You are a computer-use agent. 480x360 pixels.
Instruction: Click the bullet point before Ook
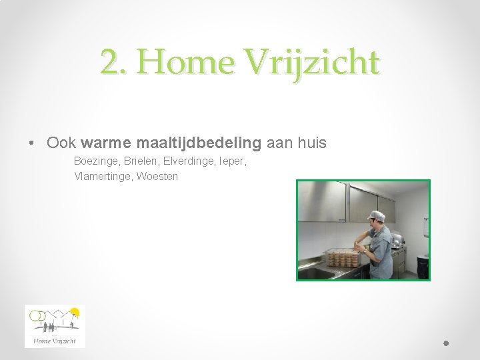click(31, 143)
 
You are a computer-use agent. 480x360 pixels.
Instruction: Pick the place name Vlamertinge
click(102, 177)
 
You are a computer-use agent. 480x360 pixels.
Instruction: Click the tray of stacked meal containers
click(343, 257)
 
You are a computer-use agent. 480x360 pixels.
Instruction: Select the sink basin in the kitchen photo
click(313, 271)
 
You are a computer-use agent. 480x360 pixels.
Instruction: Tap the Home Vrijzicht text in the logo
click(55, 341)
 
